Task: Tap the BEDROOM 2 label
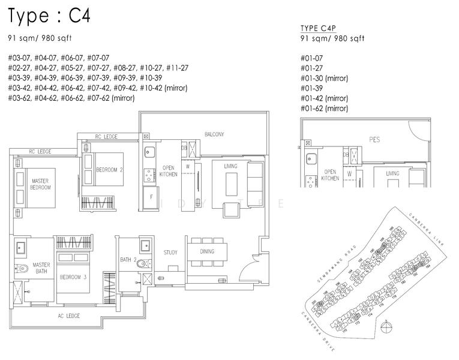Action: pos(109,170)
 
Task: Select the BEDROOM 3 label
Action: pos(73,277)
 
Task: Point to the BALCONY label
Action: pos(214,134)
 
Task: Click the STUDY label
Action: pos(170,253)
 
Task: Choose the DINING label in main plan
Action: pos(207,251)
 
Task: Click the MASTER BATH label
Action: pos(41,268)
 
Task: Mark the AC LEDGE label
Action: pos(69,316)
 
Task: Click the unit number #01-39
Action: pos(311,88)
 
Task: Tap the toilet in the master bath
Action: pos(21,268)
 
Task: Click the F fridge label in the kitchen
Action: pos(151,196)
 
